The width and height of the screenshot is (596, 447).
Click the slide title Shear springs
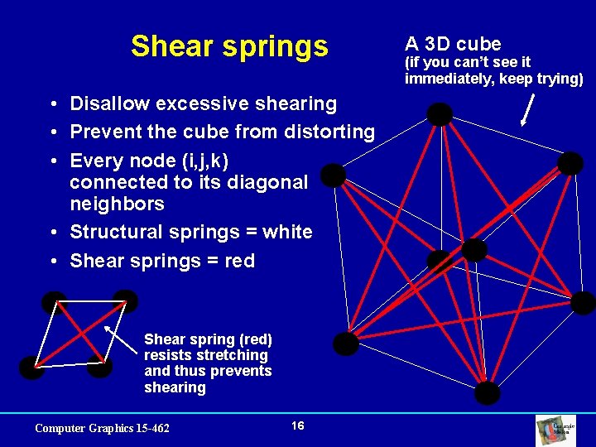229,46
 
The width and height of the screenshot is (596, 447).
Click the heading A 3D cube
453,44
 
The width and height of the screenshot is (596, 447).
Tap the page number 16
298,425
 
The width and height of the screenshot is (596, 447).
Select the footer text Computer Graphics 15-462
102,428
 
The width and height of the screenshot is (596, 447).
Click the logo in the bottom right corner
568,429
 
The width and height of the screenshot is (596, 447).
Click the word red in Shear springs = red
239,261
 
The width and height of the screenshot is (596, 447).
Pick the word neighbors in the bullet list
117,204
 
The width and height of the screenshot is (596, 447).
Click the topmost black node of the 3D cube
440,114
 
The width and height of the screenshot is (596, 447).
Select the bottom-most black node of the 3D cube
488,392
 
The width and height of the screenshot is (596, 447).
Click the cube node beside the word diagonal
333,175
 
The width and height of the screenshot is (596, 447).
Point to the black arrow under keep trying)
526,109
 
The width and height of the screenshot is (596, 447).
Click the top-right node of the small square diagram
125,301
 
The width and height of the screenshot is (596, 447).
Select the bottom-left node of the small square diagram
31,368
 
